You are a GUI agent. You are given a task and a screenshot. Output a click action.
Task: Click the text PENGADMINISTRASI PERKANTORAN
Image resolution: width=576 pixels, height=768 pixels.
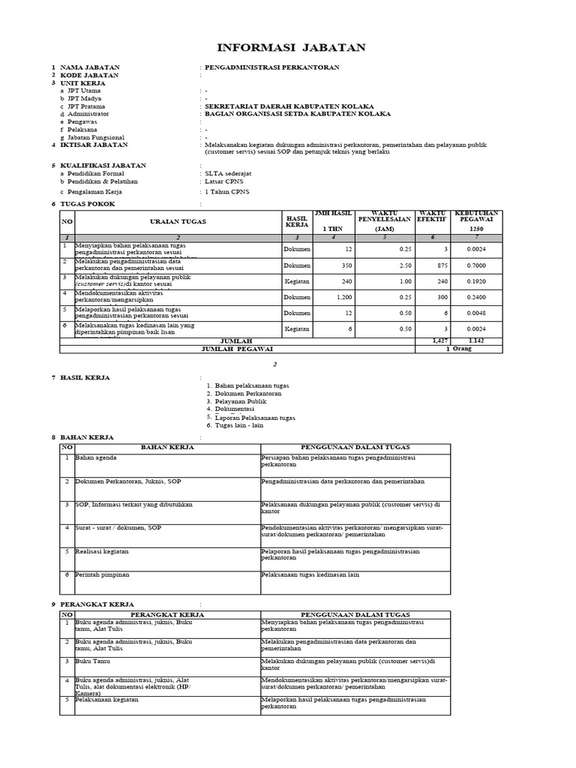point(272,67)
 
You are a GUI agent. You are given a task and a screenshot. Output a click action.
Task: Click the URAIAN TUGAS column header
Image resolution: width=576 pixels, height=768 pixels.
point(178,222)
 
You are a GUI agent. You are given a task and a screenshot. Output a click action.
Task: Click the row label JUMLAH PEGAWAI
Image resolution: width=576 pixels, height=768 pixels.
point(237,349)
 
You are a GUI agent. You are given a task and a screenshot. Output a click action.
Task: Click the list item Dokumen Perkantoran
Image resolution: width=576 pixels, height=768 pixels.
point(247,394)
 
